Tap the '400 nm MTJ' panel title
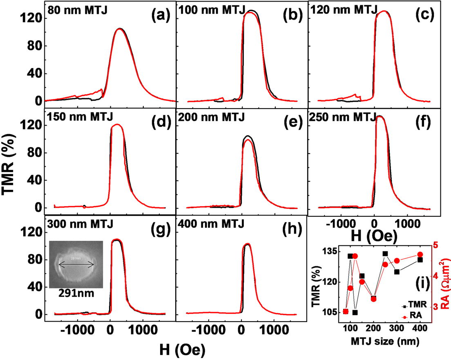211,224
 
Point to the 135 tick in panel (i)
330,252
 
